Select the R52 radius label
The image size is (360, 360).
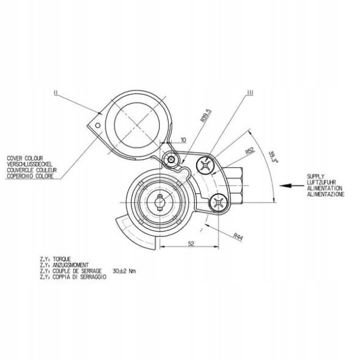(249, 150)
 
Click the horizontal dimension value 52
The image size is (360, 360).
(191, 243)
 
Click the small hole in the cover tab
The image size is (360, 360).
(95, 127)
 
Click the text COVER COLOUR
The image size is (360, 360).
(26, 156)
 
